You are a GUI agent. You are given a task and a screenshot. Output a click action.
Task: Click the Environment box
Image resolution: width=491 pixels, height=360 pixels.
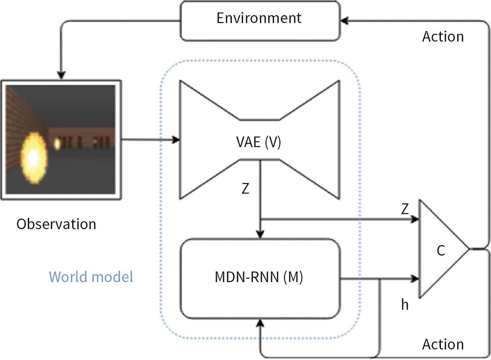point(260,20)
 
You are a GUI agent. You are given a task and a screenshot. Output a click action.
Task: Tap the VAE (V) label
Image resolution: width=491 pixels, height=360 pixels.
point(259,143)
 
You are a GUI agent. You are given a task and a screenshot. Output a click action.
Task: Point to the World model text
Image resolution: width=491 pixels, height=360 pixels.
point(91,276)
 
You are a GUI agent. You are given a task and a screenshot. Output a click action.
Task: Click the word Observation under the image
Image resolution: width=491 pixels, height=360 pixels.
point(56,224)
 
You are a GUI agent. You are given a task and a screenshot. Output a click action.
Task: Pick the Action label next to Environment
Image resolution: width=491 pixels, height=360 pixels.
point(443,36)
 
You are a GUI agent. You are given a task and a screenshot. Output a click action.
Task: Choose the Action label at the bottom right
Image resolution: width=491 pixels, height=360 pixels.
point(443,344)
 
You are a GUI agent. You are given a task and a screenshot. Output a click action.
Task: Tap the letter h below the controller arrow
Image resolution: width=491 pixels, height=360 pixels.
point(405,305)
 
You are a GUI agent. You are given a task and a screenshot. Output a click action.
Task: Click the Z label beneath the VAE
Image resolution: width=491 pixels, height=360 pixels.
point(245,189)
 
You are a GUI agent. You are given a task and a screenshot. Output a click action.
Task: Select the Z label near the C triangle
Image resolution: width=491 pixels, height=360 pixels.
point(405,209)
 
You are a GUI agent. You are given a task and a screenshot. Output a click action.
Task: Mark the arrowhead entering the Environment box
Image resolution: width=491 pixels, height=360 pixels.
point(344,21)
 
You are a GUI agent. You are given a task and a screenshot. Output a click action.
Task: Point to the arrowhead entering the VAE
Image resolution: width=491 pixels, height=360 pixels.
point(176,140)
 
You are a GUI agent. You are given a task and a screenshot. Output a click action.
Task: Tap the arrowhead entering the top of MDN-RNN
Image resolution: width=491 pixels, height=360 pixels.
point(260,234)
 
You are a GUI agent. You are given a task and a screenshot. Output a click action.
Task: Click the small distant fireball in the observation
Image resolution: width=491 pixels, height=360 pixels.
point(57,144)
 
